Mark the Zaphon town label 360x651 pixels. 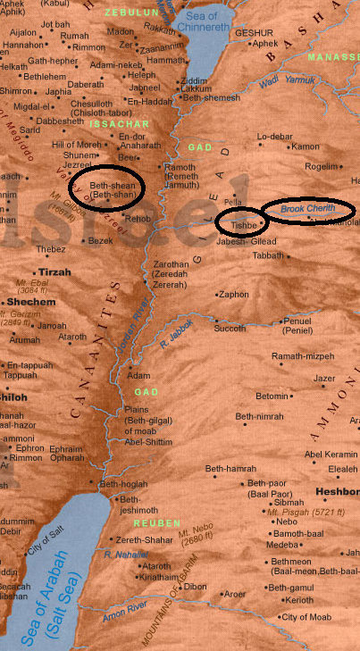coord(234,293)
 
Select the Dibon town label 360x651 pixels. coord(195,587)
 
